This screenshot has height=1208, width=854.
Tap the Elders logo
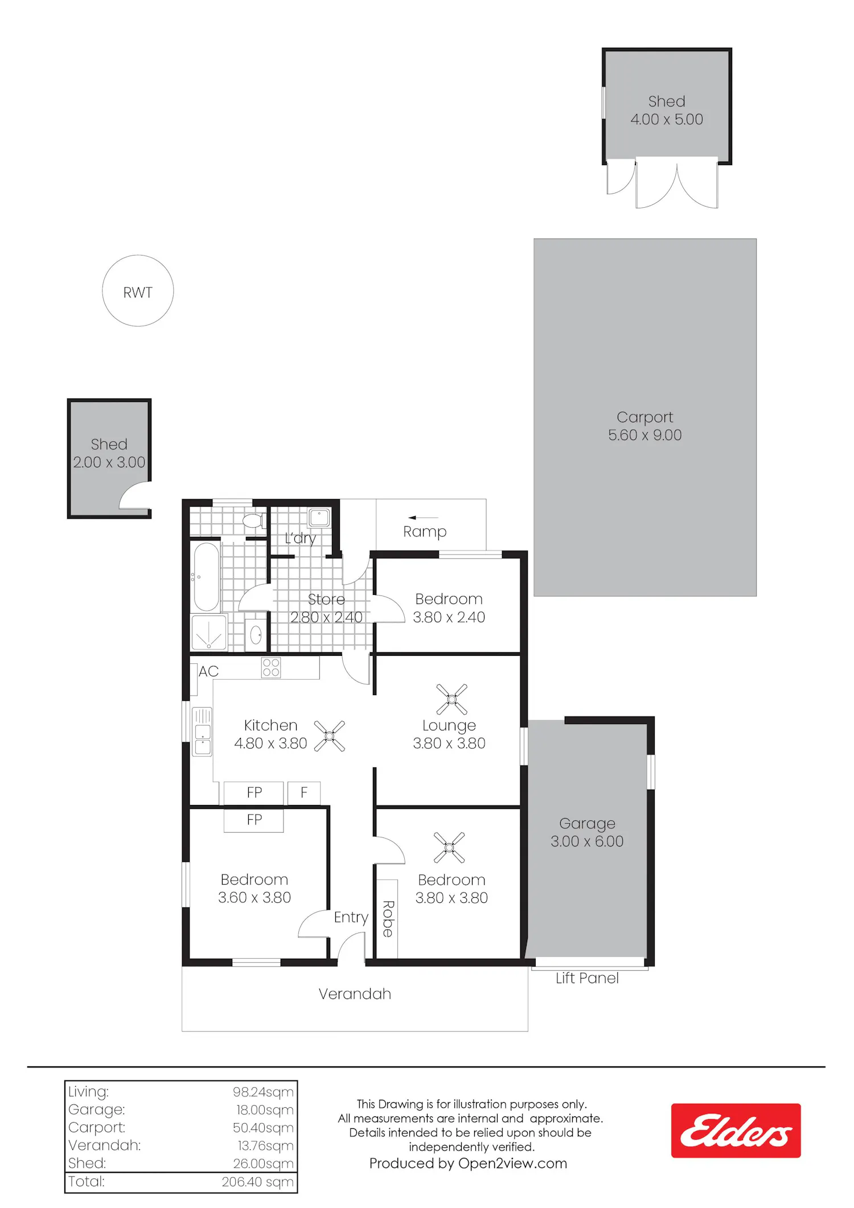coord(736,1130)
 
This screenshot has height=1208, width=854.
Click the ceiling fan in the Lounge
coord(451,699)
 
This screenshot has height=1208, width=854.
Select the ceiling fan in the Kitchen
coord(330,736)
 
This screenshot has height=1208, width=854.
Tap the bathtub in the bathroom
coord(206,577)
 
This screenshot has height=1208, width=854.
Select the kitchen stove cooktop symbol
coord(271,668)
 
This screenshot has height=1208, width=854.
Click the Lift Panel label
coord(587,978)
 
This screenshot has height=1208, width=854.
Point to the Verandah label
coord(355,994)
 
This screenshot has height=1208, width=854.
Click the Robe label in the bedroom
coord(388,919)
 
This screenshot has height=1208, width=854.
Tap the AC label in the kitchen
coord(208,671)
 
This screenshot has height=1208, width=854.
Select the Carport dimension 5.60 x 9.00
coord(644,435)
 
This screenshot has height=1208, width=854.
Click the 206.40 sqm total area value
coord(257,1182)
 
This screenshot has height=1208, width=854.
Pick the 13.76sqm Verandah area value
coord(265,1145)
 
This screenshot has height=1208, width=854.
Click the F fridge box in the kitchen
coord(304,792)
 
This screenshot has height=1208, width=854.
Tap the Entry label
coord(351,918)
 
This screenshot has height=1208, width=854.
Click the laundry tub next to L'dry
coord(319,518)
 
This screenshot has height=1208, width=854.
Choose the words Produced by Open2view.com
coord(468,1164)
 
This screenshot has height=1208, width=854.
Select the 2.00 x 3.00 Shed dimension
coord(109,462)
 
